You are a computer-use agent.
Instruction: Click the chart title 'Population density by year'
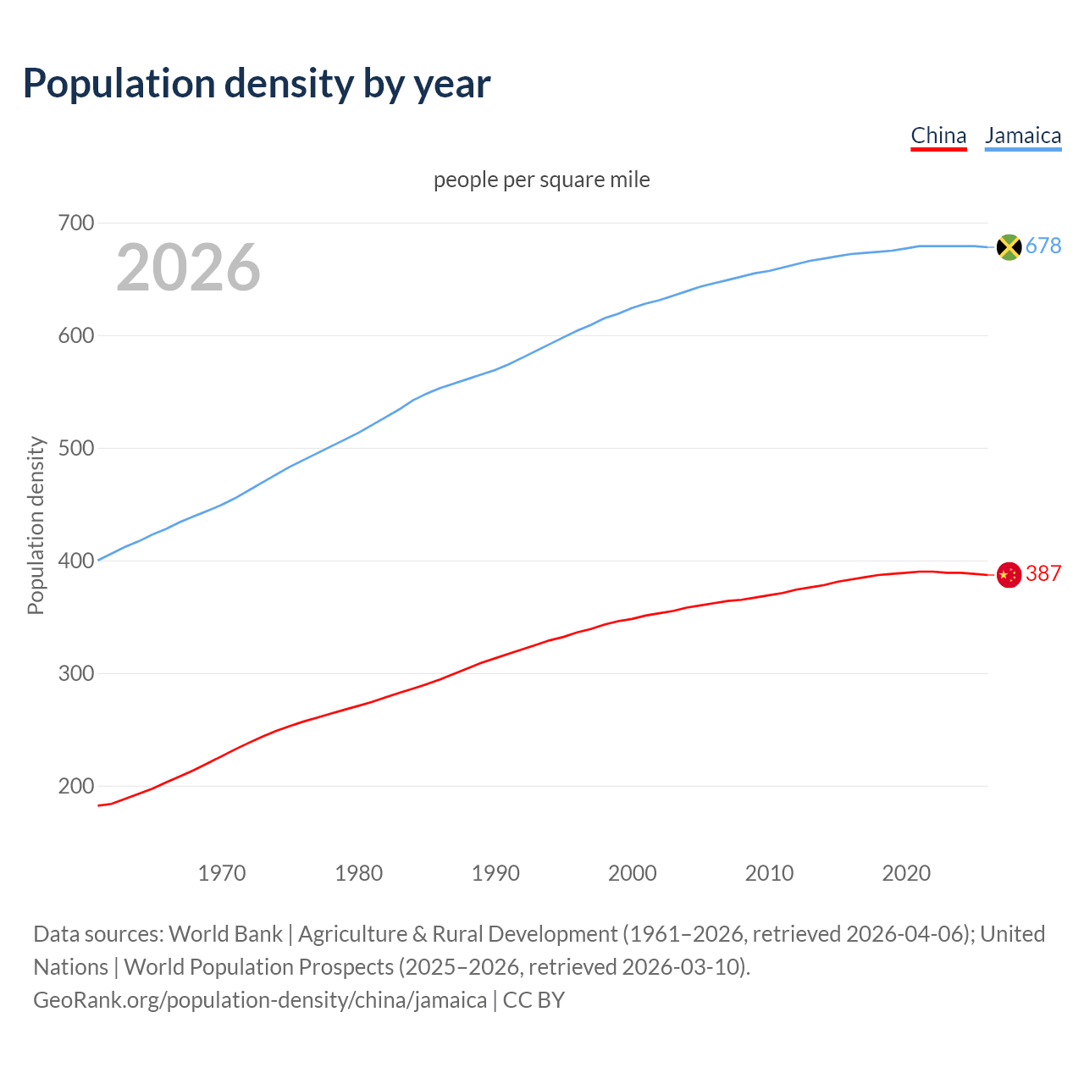[x=257, y=84]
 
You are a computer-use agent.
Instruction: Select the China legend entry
[x=938, y=135]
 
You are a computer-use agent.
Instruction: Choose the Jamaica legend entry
[x=1023, y=135]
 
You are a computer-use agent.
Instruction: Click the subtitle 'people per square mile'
[x=541, y=180]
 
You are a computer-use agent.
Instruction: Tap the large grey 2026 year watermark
[x=188, y=268]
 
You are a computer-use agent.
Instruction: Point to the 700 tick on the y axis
[x=75, y=224]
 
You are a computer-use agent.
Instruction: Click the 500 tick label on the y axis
[x=75, y=448]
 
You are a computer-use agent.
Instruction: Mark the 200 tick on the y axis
[x=75, y=786]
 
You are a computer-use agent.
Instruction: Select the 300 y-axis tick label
[x=75, y=673]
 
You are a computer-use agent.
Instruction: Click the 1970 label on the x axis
[x=222, y=873]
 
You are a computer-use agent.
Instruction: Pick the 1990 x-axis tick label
[x=495, y=873]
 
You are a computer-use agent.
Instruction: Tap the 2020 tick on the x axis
[x=906, y=873]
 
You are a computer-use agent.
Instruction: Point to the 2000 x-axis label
[x=633, y=873]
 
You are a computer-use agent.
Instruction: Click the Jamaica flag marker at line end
[x=1009, y=246]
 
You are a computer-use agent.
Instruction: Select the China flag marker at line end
[x=1009, y=575]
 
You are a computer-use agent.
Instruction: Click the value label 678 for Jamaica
[x=1043, y=246]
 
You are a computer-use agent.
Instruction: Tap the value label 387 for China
[x=1043, y=573]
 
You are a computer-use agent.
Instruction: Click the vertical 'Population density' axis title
[x=36, y=525]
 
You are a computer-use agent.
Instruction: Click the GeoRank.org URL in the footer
[x=260, y=1000]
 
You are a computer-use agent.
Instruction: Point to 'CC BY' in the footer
[x=534, y=1000]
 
